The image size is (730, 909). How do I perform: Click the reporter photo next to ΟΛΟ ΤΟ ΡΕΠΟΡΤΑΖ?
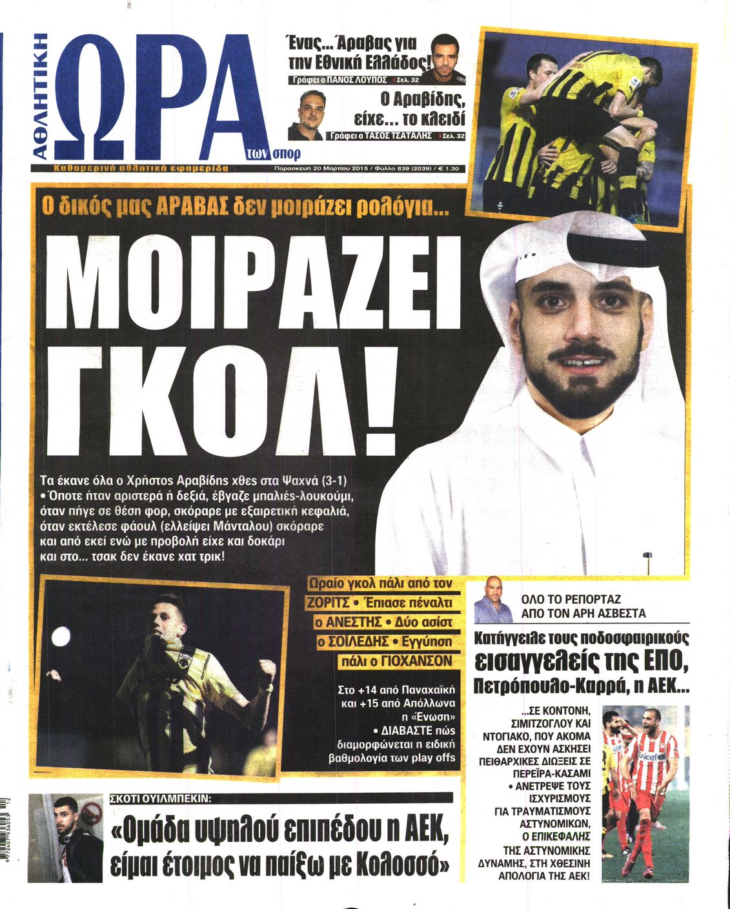tap(489, 598)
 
